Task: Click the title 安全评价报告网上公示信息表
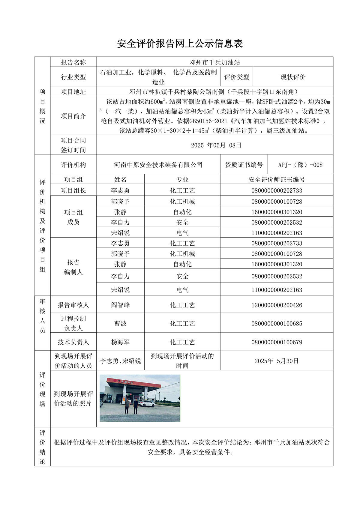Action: tap(180, 44)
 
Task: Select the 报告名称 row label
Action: tap(73, 62)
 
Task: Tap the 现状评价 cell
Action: tap(293, 77)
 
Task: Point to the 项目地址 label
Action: tap(73, 92)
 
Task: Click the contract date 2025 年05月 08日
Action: tap(216, 145)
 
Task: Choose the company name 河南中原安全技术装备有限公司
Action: tap(158, 165)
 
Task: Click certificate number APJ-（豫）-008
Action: tap(300, 165)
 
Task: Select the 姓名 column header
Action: tap(120, 179)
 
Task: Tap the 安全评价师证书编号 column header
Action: tap(277, 179)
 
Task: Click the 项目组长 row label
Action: tap(73, 190)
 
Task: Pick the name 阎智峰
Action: tap(120, 305)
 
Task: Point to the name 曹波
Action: tap(120, 323)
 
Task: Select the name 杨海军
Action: tap(120, 342)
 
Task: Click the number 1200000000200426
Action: tap(277, 305)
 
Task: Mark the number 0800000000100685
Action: tap(277, 323)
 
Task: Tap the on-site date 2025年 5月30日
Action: tap(277, 361)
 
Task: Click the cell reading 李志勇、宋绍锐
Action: tap(120, 361)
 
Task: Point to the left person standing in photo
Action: tap(127, 406)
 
